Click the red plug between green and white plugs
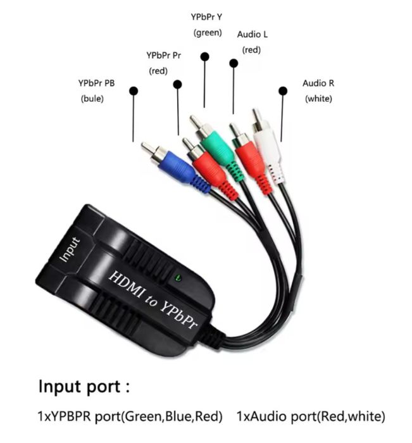tap(249, 154)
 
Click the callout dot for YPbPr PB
tap(133, 90)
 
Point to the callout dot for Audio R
tap(282, 91)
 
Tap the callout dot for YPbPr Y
tap(204, 56)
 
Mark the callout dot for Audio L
tap(234, 63)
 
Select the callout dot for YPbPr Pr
tap(178, 84)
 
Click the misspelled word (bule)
tap(92, 99)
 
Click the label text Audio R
tap(318, 83)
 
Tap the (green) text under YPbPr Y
tap(207, 33)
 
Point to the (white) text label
tap(318, 98)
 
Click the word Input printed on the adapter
tap(70, 249)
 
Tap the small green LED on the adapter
tap(178, 277)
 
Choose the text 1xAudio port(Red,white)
tap(311, 416)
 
